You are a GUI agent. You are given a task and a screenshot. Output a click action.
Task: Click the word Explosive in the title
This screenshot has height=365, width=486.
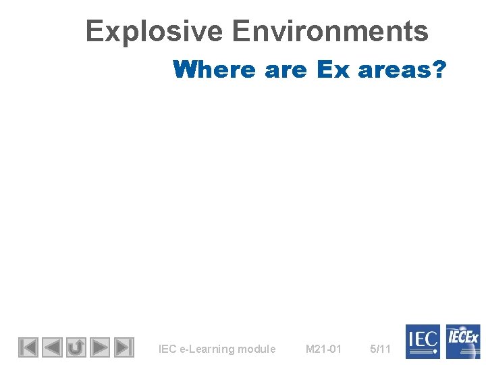[x=154, y=31]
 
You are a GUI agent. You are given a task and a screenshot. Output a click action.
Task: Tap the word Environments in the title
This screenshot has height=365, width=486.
[x=329, y=31]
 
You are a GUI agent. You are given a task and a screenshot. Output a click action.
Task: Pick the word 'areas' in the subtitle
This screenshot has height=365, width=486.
[x=393, y=69]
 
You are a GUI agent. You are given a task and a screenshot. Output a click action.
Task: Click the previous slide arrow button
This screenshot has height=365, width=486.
[x=52, y=347]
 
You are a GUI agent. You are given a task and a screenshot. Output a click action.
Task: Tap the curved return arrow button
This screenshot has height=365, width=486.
[x=76, y=347]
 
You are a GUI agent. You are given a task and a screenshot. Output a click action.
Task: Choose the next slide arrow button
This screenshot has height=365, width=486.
[x=100, y=347]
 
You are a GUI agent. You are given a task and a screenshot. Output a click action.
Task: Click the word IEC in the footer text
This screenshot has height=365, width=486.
[x=167, y=349]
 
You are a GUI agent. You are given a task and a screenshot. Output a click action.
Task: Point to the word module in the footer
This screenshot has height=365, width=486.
[x=256, y=349]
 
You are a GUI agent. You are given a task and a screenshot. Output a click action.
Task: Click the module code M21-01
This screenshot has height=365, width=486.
[x=323, y=349]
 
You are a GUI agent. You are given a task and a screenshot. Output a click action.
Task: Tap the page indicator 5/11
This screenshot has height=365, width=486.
[x=381, y=349]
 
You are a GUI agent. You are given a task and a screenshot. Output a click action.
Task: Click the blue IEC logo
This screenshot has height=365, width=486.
[x=423, y=341]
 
